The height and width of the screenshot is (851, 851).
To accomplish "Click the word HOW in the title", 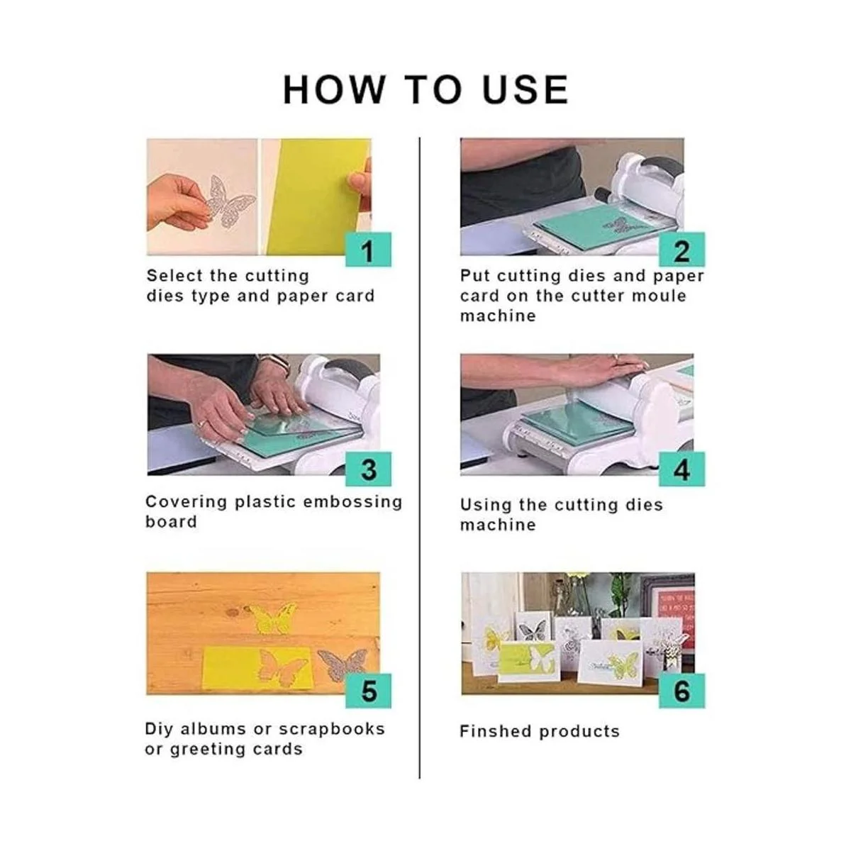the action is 333,89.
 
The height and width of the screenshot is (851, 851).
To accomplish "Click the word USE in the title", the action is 525,89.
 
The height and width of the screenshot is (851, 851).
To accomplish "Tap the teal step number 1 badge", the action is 368,250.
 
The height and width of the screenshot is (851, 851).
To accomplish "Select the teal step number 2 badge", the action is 682,250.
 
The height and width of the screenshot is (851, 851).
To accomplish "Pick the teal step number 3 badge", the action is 368,469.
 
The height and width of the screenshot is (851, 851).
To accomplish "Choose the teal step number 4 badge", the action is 682,469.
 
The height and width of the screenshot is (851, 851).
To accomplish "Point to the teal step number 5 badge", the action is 368,691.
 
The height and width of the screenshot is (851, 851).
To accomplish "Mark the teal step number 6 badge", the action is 682,691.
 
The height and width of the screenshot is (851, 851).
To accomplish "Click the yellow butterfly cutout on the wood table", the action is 272,619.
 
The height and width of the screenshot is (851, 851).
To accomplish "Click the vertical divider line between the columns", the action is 420,457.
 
